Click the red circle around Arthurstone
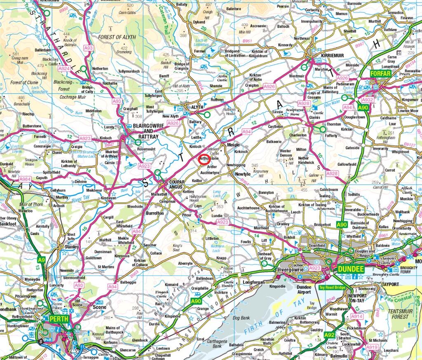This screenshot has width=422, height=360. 204,159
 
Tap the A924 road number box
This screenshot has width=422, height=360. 64,69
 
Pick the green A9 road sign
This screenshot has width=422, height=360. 41,260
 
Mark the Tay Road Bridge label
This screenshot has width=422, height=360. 334,287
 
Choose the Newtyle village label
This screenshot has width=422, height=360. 243,174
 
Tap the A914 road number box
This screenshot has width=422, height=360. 357,316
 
